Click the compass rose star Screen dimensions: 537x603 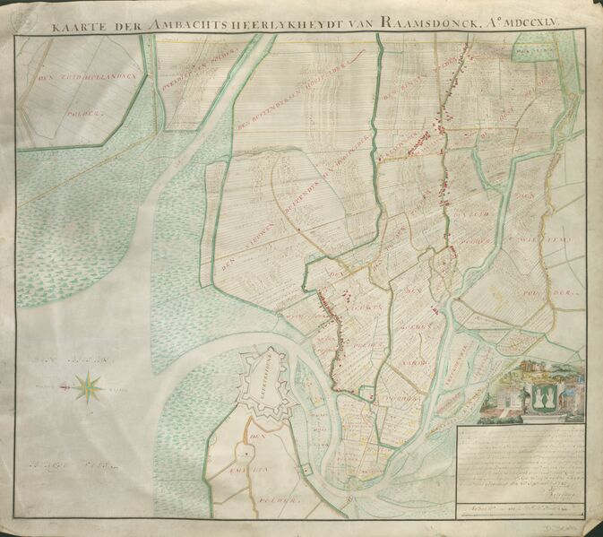(89, 387)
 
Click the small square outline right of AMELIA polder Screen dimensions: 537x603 (306, 469)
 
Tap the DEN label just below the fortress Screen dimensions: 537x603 (254, 437)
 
